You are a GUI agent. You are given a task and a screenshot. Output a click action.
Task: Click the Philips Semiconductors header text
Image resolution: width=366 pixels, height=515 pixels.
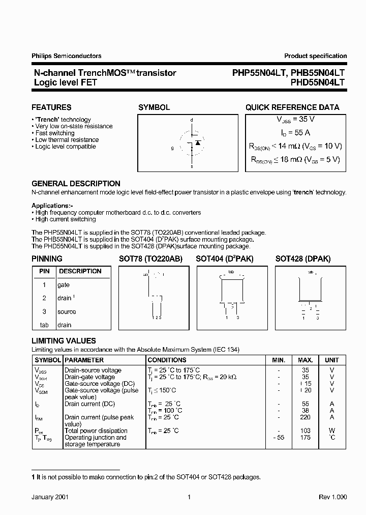[x=66, y=56]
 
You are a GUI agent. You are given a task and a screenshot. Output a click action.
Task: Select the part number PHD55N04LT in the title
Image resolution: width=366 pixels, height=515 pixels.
[x=318, y=82]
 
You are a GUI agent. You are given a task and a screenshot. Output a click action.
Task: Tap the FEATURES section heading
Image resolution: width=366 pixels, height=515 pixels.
[x=51, y=107]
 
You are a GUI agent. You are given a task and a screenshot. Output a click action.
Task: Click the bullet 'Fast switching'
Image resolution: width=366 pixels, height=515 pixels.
[x=56, y=133]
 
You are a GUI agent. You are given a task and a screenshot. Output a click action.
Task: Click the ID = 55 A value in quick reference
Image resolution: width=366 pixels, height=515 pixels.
[x=295, y=132]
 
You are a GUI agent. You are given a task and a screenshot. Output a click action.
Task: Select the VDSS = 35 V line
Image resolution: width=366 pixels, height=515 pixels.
[x=295, y=119]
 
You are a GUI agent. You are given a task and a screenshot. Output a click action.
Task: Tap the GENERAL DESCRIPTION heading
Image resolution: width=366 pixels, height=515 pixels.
[x=76, y=183]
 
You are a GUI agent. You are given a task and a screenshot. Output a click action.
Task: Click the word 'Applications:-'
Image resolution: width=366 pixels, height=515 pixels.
[x=52, y=206]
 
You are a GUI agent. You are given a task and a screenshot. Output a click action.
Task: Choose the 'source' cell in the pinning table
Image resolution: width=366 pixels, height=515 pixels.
[x=67, y=311]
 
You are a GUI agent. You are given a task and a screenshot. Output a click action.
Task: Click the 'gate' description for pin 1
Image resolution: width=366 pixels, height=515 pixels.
[x=64, y=285]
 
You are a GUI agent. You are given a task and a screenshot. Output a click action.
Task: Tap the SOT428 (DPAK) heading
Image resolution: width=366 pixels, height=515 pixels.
[x=303, y=259]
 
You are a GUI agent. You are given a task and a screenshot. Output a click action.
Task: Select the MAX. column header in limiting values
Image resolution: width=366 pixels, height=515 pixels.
[x=306, y=360]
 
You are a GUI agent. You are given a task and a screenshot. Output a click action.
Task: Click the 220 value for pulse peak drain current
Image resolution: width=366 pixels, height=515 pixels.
[x=306, y=417]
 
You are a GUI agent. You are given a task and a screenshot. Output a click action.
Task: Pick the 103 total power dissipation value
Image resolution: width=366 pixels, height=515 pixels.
[x=306, y=431]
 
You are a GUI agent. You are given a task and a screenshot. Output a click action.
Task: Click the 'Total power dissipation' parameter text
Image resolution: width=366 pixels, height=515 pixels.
[x=96, y=431]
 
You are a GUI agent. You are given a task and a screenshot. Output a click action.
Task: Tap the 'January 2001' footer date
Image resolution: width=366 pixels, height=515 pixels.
[x=50, y=497]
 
